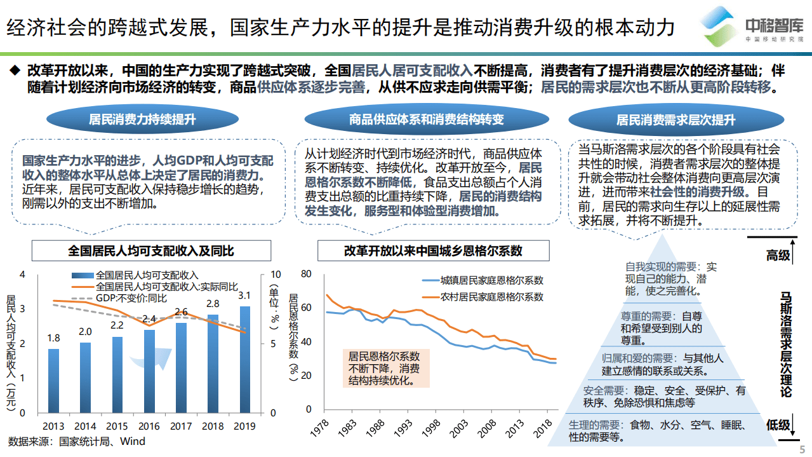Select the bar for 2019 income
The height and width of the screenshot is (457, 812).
(244, 359)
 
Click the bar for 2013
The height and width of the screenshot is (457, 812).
(53, 380)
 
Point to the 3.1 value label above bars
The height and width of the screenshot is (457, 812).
(244, 296)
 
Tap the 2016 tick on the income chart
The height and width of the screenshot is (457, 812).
(149, 426)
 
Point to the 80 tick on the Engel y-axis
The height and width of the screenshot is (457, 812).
(307, 274)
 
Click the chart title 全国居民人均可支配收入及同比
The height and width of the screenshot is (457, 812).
(151, 250)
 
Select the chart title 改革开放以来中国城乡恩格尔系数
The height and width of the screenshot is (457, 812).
(433, 250)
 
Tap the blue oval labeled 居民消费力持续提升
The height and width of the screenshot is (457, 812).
(142, 119)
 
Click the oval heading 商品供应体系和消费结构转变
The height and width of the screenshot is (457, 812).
(426, 119)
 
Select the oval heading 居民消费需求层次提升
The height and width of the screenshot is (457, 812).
(676, 119)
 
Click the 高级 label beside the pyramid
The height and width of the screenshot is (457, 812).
(778, 256)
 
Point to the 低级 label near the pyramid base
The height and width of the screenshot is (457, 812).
(778, 425)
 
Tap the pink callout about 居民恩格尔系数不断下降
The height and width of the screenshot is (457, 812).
(384, 369)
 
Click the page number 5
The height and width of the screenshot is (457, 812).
(801, 449)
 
